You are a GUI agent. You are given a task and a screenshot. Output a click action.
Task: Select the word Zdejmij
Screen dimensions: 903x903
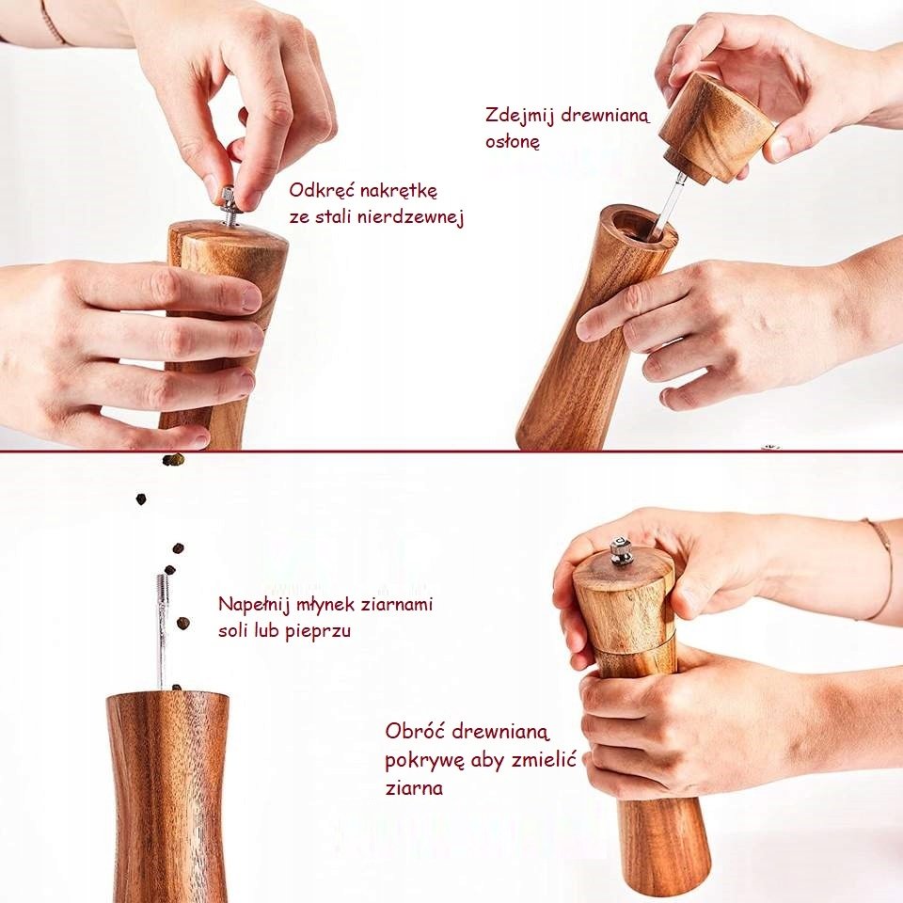(519, 115)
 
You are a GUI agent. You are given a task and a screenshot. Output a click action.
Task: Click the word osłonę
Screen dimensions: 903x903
(513, 142)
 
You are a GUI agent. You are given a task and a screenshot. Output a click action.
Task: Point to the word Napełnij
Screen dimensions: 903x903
(254, 605)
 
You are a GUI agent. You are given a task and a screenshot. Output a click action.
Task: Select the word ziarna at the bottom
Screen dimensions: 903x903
(414, 788)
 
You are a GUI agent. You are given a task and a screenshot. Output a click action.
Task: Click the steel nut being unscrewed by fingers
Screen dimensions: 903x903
(229, 198)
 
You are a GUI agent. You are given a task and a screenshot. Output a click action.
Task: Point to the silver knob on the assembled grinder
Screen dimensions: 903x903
(621, 550)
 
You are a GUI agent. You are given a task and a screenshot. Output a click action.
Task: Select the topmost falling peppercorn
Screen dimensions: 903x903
(173, 460)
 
